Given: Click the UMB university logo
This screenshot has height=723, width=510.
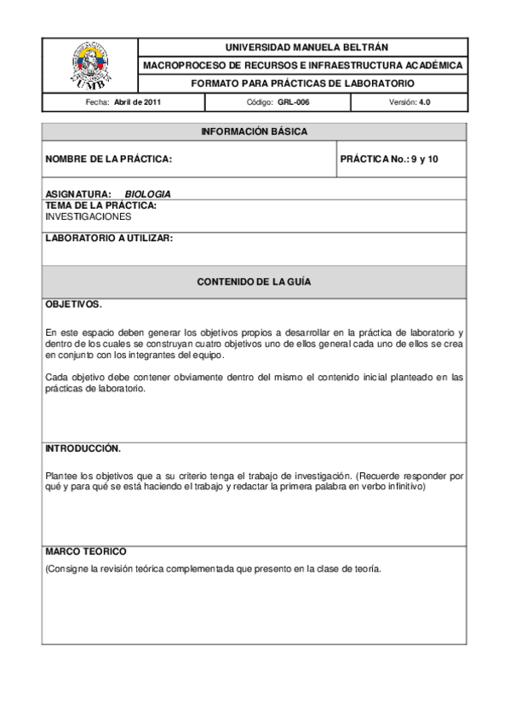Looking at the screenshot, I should [x=89, y=65].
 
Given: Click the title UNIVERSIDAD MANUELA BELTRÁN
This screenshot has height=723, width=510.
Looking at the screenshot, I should [x=301, y=47].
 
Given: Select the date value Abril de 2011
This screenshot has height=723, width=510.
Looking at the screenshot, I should [x=138, y=102].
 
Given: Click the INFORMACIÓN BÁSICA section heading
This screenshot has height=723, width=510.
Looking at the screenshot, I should [x=254, y=132].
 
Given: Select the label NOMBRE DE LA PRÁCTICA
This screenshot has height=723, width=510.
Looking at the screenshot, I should [x=108, y=159].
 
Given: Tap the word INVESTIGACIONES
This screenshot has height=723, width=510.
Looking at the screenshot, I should [x=88, y=217].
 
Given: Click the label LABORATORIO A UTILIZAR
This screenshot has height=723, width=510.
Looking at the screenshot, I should [x=108, y=239].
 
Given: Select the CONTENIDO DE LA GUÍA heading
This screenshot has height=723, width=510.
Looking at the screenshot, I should [x=254, y=281].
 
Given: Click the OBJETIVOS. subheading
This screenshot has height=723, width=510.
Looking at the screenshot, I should [x=73, y=304].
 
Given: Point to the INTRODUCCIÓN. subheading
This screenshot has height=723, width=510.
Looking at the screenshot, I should [x=83, y=448].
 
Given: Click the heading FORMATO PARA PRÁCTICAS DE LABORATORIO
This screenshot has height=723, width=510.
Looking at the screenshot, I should [x=302, y=84].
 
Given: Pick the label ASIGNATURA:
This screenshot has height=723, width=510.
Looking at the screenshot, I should [x=77, y=194].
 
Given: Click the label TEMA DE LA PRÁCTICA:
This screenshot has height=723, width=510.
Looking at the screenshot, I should [x=100, y=205].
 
